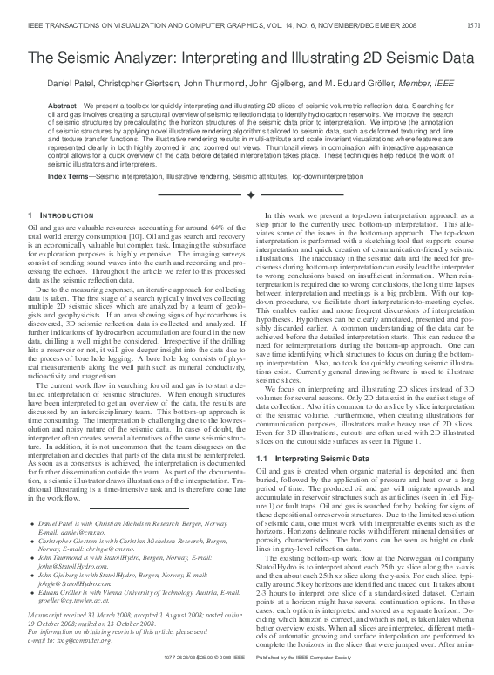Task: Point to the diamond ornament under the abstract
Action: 250,194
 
